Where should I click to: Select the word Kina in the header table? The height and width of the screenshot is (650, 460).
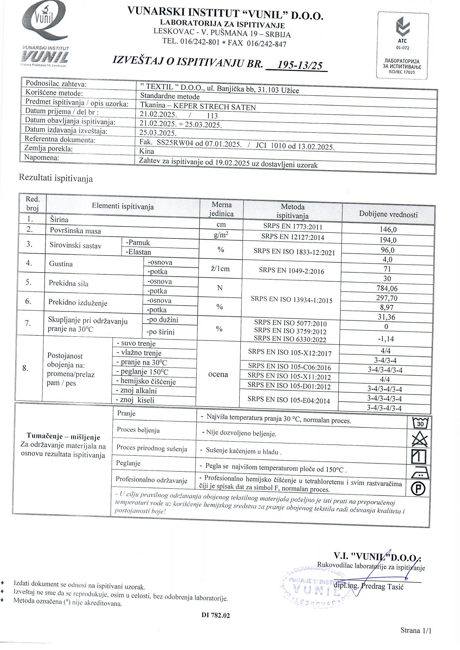tap(147, 151)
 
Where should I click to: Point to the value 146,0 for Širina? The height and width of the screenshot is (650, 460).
tap(388, 230)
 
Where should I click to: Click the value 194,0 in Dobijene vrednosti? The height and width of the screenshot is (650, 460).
tap(388, 240)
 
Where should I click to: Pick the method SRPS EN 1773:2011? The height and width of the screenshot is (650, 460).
tap(292, 227)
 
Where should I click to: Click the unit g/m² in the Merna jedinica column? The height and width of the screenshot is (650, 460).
tap(221, 235)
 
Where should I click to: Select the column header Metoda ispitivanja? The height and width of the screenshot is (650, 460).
tap(292, 211)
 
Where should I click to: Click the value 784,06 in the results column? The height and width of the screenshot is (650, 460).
tap(387, 288)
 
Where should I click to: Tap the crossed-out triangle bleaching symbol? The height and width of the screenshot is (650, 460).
tap(420, 440)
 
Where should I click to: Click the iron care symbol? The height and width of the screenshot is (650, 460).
tap(419, 473)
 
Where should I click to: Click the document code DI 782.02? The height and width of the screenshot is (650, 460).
tap(216, 616)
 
